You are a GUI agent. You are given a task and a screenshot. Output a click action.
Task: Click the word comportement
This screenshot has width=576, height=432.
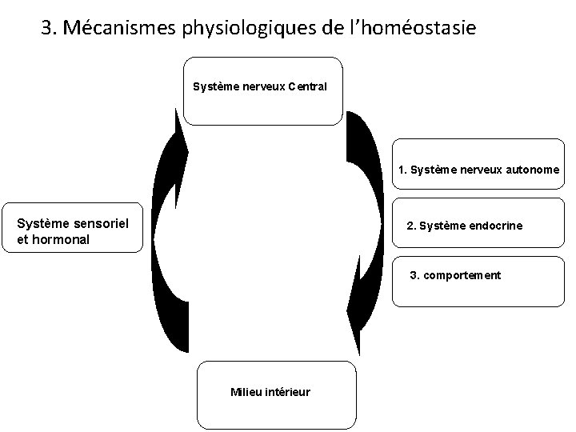[462, 275]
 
